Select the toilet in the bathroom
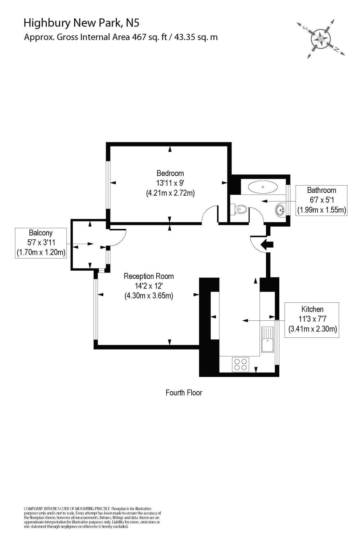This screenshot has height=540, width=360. pos(240,209)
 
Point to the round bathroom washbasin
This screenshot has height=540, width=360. pos(281,210)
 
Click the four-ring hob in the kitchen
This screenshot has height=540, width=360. pos(240,364)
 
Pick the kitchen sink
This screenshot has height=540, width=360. pos(267,339)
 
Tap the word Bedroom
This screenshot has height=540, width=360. pos(170,173)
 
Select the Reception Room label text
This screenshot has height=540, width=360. pos(149,276)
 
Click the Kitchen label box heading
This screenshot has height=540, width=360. pos(312,309)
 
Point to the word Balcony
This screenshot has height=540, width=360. pos(41,233)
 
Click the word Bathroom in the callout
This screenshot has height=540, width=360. pos(321,190)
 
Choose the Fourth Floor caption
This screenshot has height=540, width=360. pos(184,392)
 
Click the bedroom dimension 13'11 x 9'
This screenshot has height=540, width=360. pos(170,183)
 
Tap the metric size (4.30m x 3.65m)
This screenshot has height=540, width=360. pos(149,296)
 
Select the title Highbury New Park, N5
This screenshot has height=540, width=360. pos(81,23)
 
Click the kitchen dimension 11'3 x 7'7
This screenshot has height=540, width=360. pos(312,319)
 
